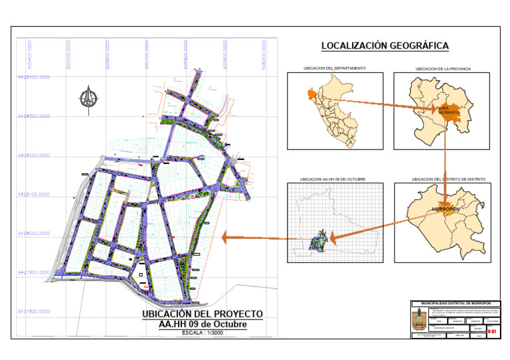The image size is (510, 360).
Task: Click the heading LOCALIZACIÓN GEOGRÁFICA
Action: tap(385, 46)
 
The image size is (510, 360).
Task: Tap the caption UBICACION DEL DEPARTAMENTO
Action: tap(334, 68)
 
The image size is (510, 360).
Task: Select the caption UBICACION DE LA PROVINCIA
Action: tap(442, 68)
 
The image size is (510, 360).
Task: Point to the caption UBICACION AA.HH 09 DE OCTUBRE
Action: tap(333, 179)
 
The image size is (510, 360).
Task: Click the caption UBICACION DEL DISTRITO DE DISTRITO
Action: tap(449, 179)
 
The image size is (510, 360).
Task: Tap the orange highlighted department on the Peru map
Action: tap(310, 95)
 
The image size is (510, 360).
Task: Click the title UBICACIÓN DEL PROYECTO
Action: tap(203, 314)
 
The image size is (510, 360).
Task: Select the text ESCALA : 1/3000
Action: tap(203, 333)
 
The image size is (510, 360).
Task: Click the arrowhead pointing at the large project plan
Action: tap(226, 236)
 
